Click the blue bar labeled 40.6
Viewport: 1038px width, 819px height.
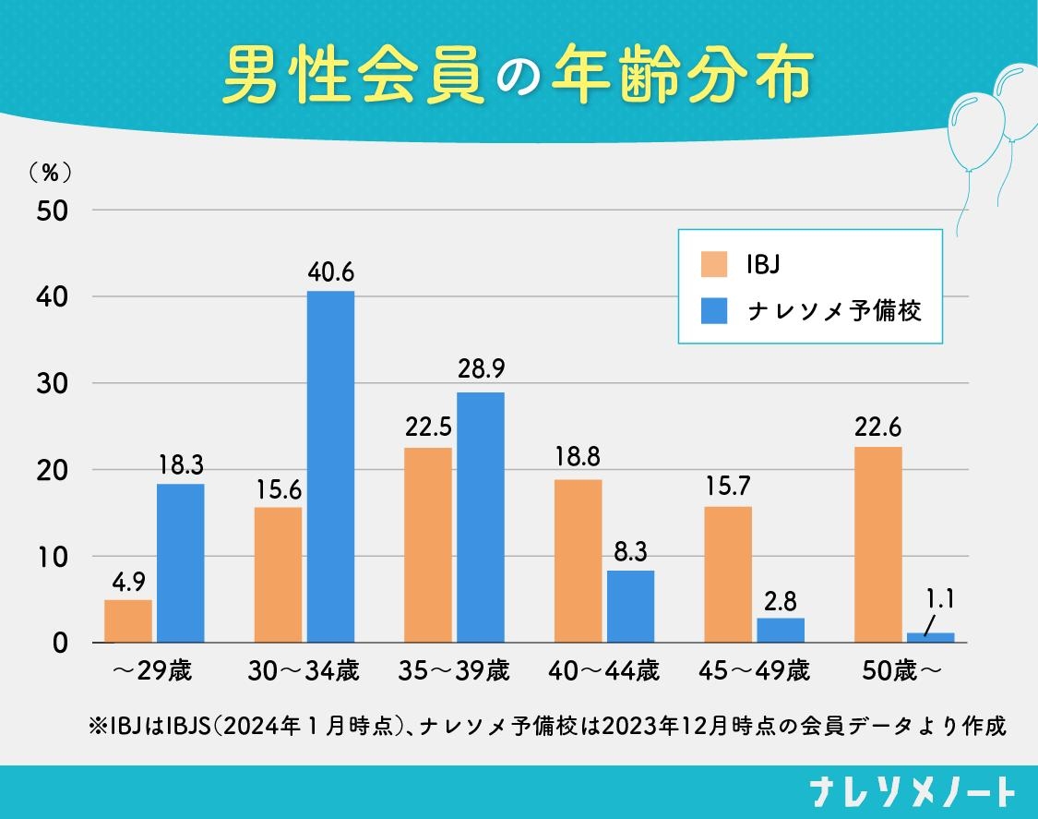click(x=330, y=466)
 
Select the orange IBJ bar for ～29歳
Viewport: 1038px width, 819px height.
click(x=128, y=620)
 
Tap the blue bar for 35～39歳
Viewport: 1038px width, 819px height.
click(x=481, y=517)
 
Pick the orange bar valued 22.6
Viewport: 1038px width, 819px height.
click(x=878, y=545)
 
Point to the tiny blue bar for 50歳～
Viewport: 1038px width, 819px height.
click(x=930, y=637)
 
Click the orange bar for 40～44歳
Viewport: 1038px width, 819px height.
click(x=578, y=560)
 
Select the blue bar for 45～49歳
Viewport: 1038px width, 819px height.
click(x=781, y=631)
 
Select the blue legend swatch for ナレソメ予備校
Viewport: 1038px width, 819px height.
click(x=715, y=310)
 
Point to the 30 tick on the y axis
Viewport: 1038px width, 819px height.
click(x=53, y=383)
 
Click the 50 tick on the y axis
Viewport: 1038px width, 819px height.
click(x=53, y=211)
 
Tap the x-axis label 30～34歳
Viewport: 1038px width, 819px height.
click(x=304, y=671)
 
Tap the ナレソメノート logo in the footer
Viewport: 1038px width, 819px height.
click(x=912, y=792)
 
